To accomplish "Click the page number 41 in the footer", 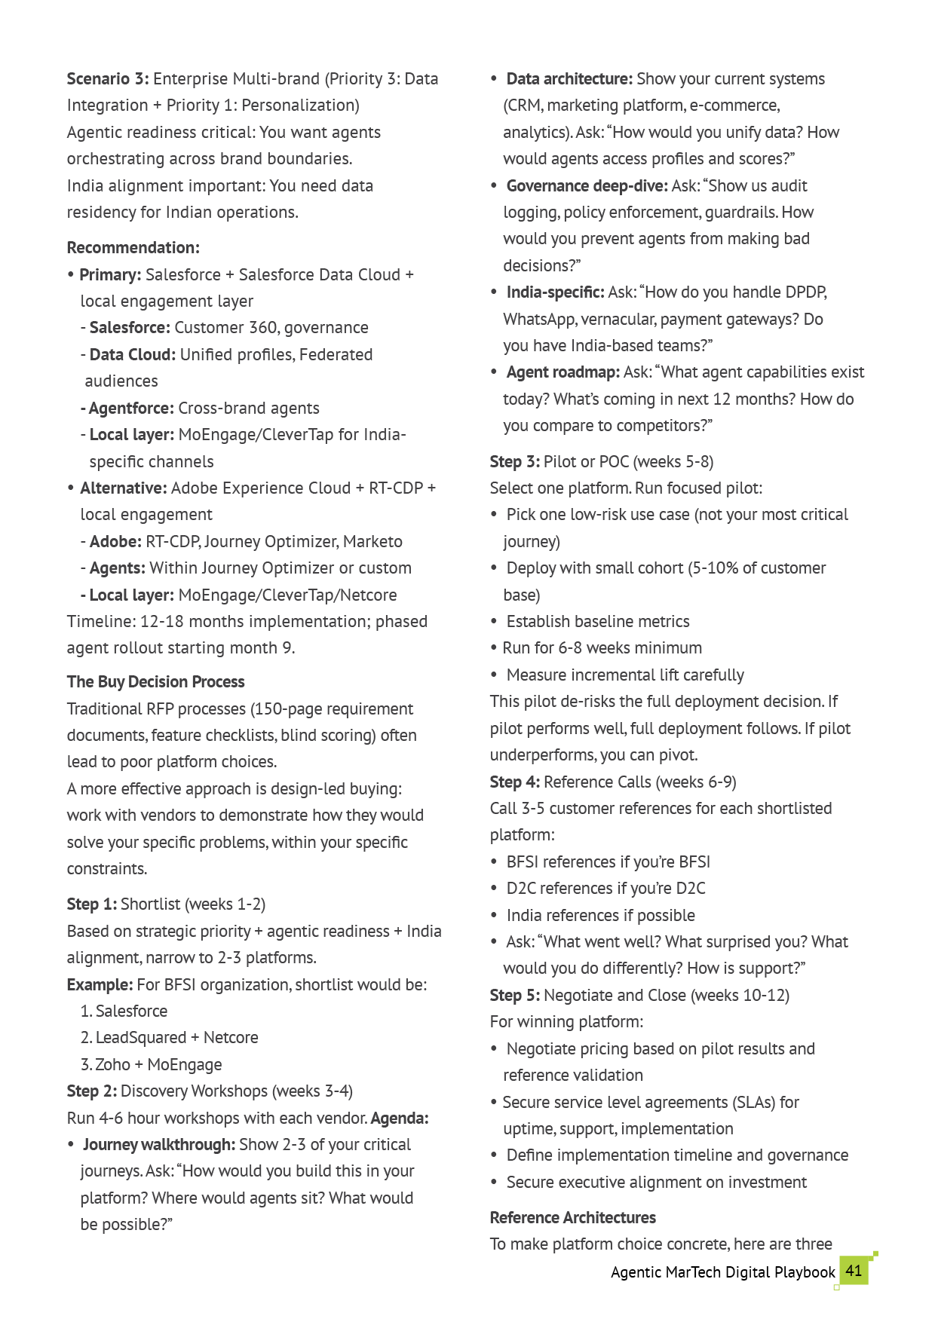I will tap(854, 1271).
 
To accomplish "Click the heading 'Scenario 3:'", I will tap(108, 79).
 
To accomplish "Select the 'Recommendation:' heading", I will tap(133, 248).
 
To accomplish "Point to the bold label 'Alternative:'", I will tap(124, 488).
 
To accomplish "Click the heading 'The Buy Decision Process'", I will tap(155, 682).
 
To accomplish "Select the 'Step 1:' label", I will tap(92, 904).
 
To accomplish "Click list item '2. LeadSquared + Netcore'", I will tap(170, 1038).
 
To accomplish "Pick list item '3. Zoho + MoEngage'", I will tap(152, 1065).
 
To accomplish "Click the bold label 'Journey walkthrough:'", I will tap(159, 1145).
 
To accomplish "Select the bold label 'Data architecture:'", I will tap(569, 79).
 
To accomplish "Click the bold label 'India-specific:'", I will tap(555, 292).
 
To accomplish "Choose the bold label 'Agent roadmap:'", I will tap(563, 372).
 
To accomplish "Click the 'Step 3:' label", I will tap(515, 462).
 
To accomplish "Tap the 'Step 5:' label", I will tap(515, 996).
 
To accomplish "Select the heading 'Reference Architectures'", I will tap(573, 1218).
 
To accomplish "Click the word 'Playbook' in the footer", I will tap(805, 1272).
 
